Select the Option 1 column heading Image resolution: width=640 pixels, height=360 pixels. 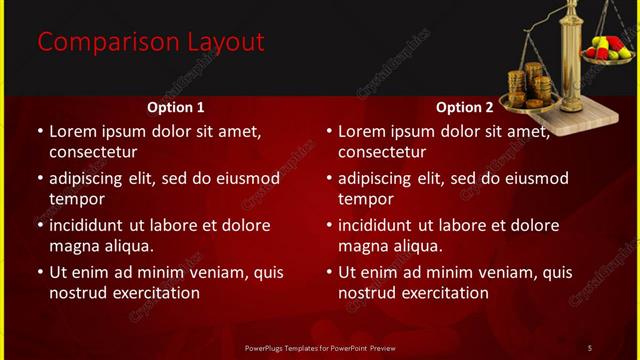point(176,107)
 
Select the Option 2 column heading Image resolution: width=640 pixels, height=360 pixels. point(464,107)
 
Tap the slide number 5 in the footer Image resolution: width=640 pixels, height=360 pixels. point(589,347)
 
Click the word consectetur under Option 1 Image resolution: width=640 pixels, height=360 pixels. point(93,152)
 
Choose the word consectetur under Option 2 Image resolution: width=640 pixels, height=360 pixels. point(383,152)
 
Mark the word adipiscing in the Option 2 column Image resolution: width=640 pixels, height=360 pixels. point(378,178)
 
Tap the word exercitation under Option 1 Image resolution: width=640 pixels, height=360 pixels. point(150,293)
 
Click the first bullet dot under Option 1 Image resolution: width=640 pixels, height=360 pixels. point(40,131)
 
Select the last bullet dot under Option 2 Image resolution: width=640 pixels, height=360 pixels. point(329,272)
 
